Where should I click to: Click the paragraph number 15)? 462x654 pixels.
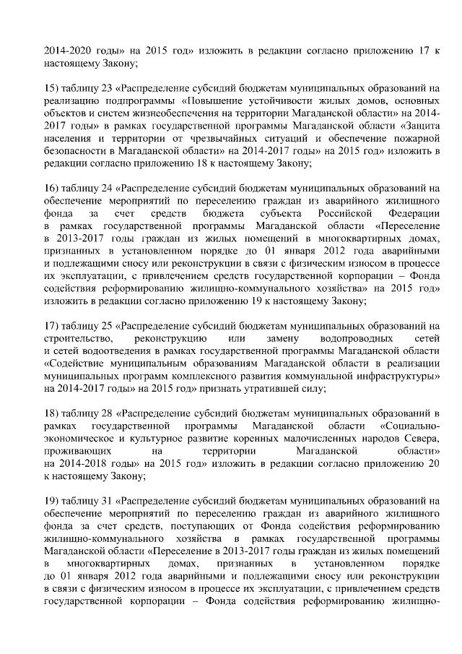[52, 88]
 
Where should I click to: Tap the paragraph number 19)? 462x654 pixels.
[52, 499]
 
